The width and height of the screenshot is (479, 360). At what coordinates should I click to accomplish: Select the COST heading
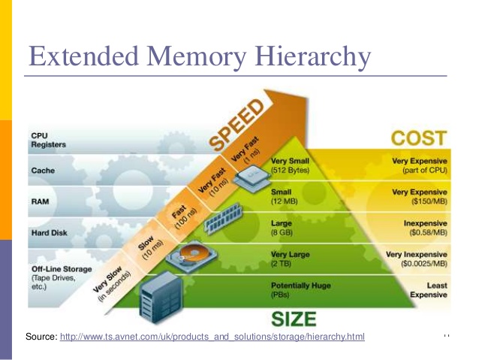(x=418, y=138)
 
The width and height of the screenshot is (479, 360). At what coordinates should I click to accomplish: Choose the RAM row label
(x=41, y=202)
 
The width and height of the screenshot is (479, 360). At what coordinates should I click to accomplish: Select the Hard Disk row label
(x=49, y=233)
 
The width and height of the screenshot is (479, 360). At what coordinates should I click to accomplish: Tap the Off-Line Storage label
(x=61, y=268)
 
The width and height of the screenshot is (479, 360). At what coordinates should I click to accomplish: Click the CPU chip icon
(x=250, y=175)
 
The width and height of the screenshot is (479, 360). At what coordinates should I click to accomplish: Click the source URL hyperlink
(x=212, y=337)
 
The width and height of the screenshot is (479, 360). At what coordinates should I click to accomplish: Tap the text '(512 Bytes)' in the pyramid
(x=290, y=170)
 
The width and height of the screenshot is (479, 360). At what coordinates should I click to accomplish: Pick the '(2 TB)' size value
(x=282, y=265)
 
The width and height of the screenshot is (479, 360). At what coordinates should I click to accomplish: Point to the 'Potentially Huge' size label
(x=300, y=286)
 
